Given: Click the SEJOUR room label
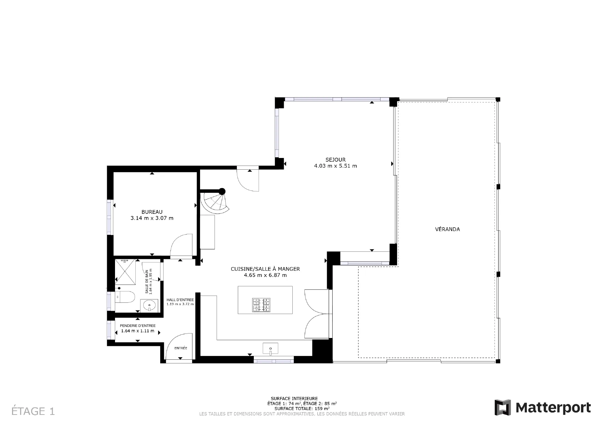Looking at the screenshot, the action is pyautogui.click(x=335, y=160).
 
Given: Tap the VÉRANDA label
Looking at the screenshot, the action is pyautogui.click(x=447, y=229).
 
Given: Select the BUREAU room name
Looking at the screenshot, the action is pyautogui.click(x=152, y=212).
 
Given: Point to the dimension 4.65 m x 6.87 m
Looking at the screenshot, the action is pyautogui.click(x=265, y=275).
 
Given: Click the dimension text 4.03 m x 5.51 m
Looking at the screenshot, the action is pyautogui.click(x=335, y=166).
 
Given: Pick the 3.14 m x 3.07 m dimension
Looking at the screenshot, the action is pyautogui.click(x=152, y=218).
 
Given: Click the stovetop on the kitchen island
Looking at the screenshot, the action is pyautogui.click(x=261, y=305).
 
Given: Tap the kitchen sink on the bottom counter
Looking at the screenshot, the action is pyautogui.click(x=270, y=349).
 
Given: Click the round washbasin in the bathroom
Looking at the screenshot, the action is pyautogui.click(x=149, y=305).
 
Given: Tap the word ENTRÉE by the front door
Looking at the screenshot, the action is pyautogui.click(x=181, y=348).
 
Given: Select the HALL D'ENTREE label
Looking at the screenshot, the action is pyautogui.click(x=180, y=300).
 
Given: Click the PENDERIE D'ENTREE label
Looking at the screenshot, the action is pyautogui.click(x=138, y=326).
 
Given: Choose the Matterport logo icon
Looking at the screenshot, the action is pyautogui.click(x=503, y=407).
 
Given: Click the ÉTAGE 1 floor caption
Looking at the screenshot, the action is pyautogui.click(x=33, y=411).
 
